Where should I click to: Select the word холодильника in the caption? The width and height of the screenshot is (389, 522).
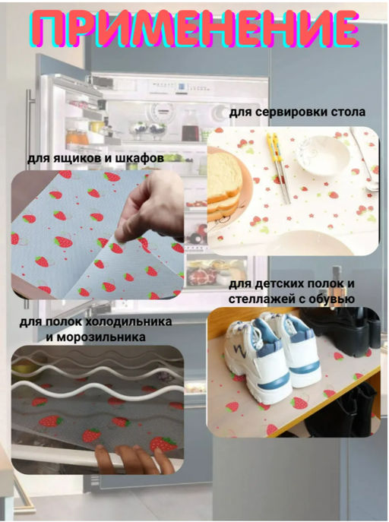point(128,322)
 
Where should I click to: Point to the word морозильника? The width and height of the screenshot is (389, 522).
point(101,337)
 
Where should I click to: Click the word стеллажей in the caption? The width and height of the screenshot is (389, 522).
point(258,299)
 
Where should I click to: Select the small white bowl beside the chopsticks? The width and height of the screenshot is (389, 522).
point(322,156)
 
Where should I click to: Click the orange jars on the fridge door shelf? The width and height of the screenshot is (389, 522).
point(77,136)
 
